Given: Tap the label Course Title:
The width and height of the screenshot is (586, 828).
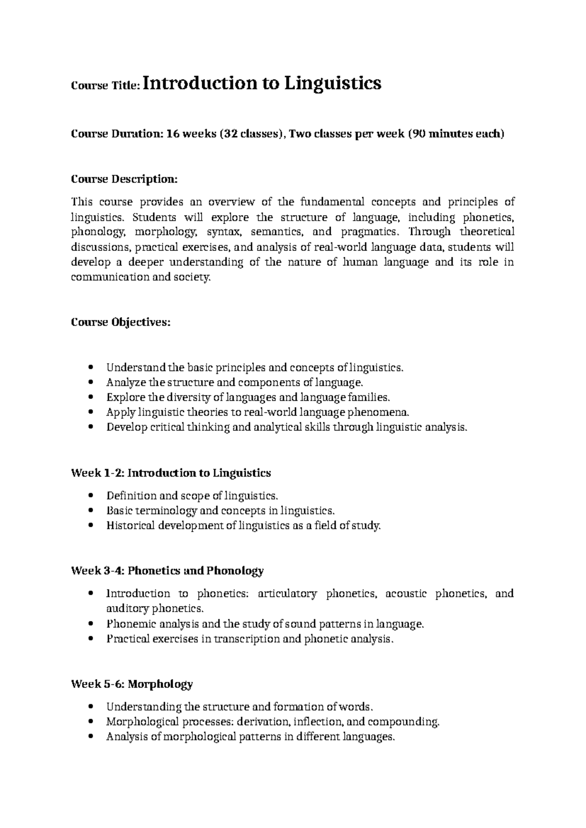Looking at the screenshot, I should coord(106,85).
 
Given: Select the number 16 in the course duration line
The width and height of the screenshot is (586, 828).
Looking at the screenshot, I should coord(173,134).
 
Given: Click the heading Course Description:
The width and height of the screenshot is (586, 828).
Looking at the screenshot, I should coord(125,179).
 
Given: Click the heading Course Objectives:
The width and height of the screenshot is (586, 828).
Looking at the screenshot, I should coord(121,322).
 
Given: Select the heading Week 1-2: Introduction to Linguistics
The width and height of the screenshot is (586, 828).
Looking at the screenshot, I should coord(171,473).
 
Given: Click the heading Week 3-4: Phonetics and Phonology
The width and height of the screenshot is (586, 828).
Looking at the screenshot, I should coord(167,570).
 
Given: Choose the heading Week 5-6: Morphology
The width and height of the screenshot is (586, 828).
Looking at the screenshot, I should coord(132,684).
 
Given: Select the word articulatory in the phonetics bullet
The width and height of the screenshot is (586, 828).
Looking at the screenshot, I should coord(287,594).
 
